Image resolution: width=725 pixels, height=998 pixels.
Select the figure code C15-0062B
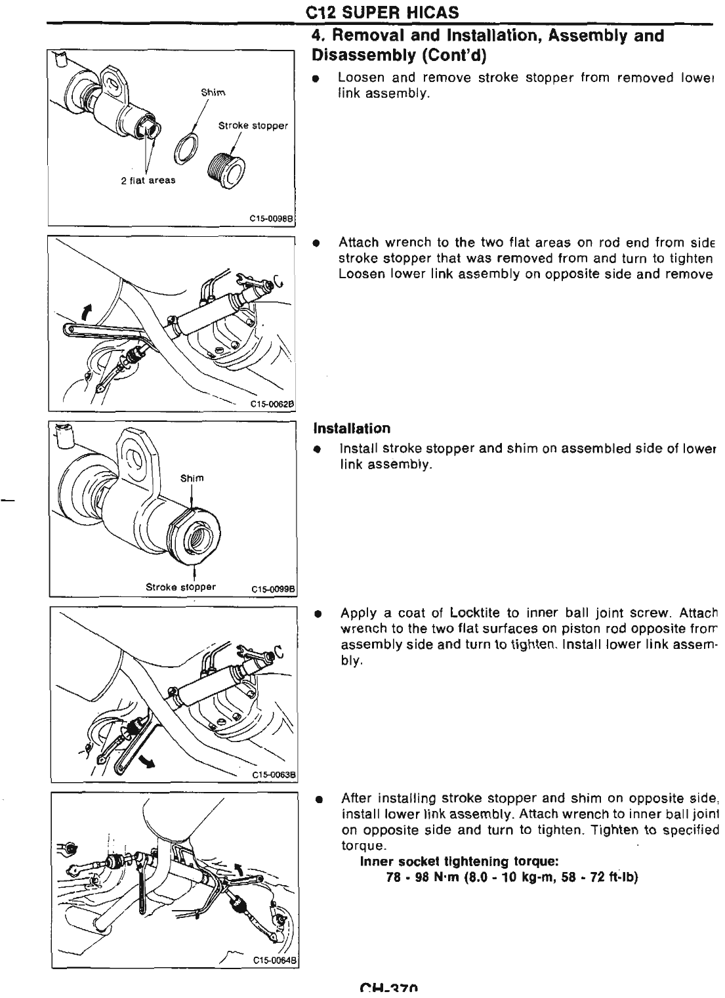click(x=271, y=404)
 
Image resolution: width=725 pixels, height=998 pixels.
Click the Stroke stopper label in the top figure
click(x=253, y=125)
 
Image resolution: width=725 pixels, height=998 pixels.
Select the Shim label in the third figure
click(x=192, y=478)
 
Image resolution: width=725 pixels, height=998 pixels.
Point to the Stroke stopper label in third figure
click(x=180, y=586)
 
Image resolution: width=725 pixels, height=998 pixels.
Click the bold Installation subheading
click(x=352, y=428)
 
